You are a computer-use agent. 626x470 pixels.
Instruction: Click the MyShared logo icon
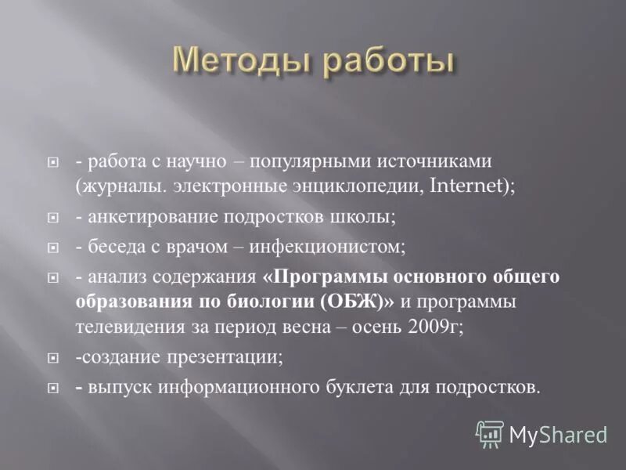click(x=491, y=432)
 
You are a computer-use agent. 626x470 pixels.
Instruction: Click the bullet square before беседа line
click(x=54, y=248)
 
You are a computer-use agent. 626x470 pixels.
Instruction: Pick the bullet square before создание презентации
click(x=54, y=358)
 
